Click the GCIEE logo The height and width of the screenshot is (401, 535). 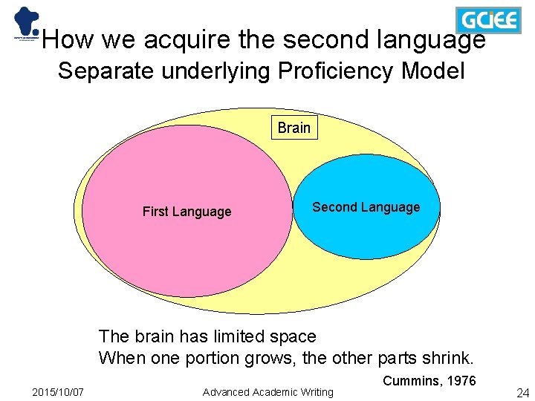coord(487,19)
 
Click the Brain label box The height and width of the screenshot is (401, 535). coord(294,128)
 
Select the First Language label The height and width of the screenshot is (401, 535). coord(187,212)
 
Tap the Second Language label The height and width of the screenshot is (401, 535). coord(366,207)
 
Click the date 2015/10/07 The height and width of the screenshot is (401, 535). coord(58,392)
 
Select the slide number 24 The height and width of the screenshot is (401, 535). coord(522,392)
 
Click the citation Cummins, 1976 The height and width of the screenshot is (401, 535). coord(429,381)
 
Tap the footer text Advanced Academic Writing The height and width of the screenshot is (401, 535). coord(268,392)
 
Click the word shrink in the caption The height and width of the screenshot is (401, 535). coord(446,358)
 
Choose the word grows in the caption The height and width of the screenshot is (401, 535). coord(243,358)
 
